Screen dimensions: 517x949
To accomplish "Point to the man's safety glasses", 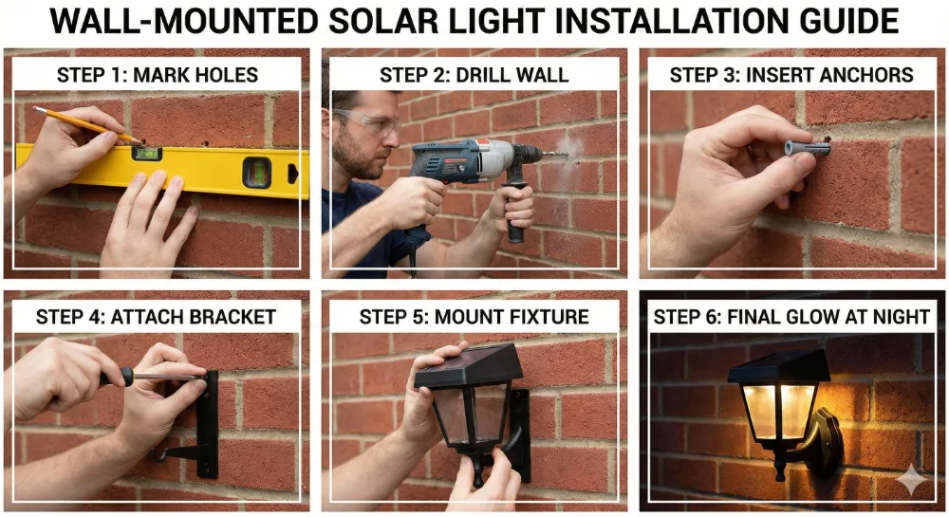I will pyautogui.click(x=372, y=121).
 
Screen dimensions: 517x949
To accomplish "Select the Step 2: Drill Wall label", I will pyautogui.click(x=474, y=75).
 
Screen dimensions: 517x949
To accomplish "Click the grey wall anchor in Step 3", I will pyautogui.click(x=805, y=148).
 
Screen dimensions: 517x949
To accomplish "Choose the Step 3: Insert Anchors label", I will pyautogui.click(x=791, y=75).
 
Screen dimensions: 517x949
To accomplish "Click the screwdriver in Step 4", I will pyautogui.click(x=157, y=378).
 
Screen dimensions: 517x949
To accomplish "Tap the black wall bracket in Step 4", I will pyautogui.click(x=205, y=423).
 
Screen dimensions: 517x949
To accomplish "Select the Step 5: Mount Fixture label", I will pyautogui.click(x=474, y=317).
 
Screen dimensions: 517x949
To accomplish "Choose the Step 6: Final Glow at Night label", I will pyautogui.click(x=791, y=317).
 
